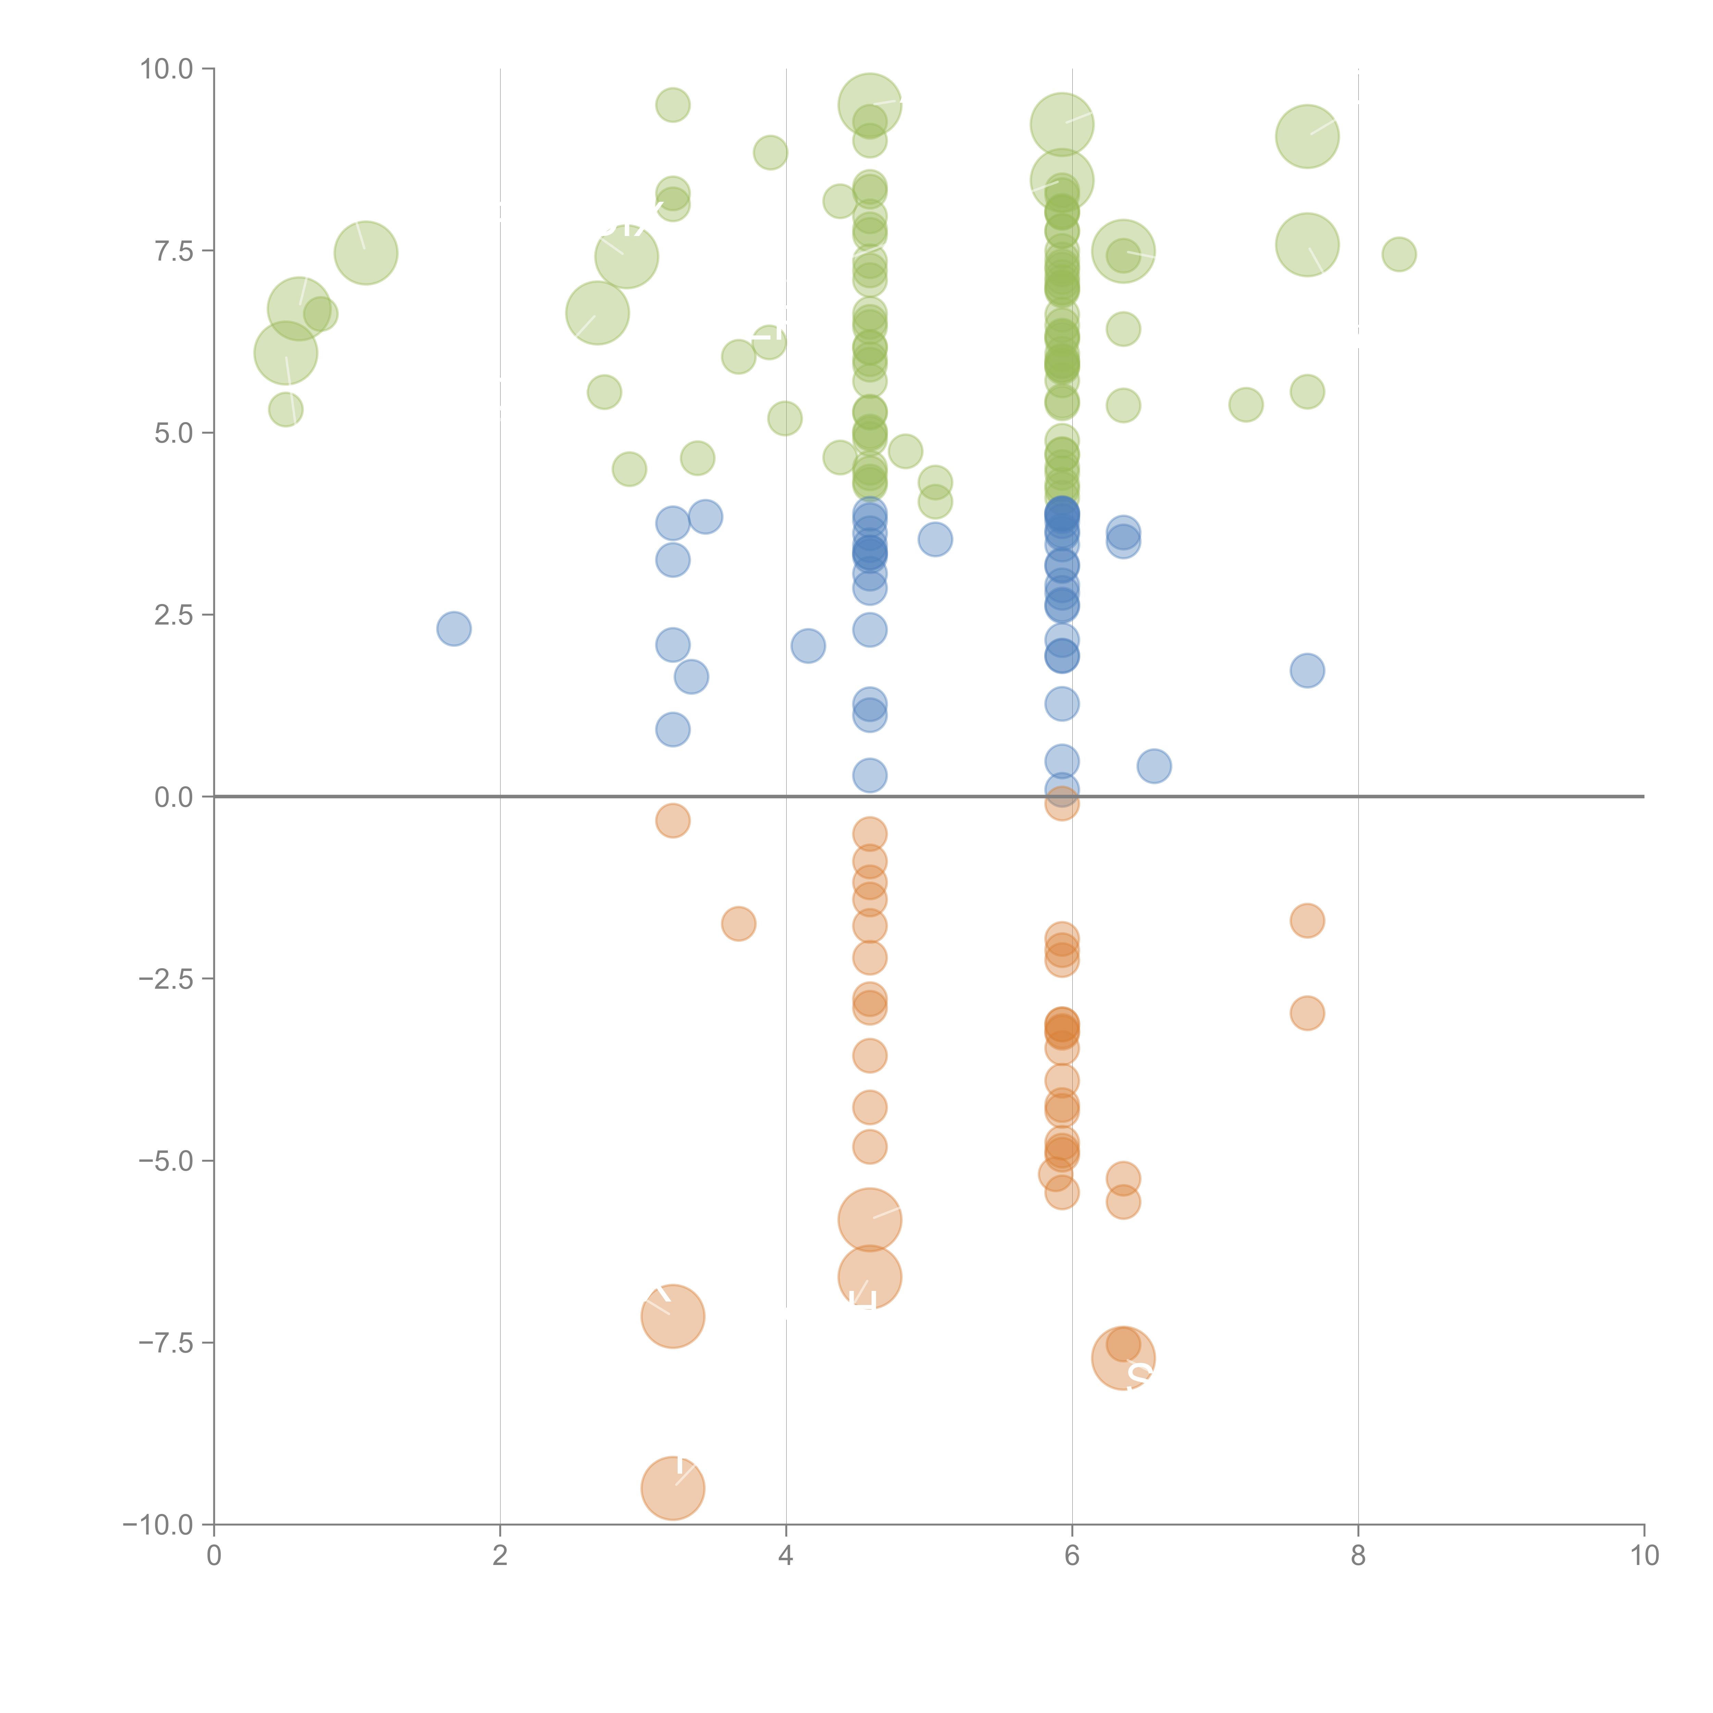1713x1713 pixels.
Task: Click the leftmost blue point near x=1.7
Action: tap(454, 629)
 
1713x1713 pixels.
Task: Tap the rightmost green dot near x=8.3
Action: tap(1399, 255)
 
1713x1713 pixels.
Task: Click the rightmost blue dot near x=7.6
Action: tap(1307, 670)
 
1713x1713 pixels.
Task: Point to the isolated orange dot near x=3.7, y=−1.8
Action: tap(739, 924)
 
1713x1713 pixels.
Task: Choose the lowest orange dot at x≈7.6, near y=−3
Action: tap(1307, 1012)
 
